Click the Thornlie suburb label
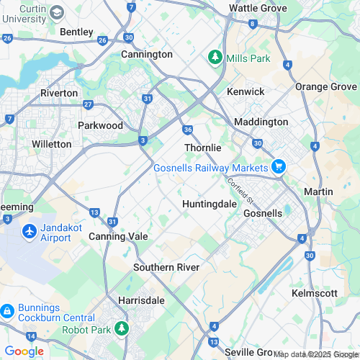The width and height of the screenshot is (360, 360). pos(202,147)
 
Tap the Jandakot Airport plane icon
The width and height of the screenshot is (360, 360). pos(30,232)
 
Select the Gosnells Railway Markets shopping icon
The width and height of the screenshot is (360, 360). pos(279,168)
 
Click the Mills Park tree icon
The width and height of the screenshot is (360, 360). pos(214,56)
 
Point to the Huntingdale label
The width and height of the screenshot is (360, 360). pos(210,204)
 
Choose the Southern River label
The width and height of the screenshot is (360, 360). pos(166,267)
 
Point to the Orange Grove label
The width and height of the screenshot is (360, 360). pos(326,86)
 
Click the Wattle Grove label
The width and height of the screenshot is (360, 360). pos(258,8)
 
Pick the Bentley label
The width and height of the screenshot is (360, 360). pos(76,32)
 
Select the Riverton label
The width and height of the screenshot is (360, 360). pos(59,93)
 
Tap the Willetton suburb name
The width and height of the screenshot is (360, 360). pos(52,144)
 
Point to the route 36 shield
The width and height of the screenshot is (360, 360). pos(187,130)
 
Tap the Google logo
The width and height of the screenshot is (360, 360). pos(24,351)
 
